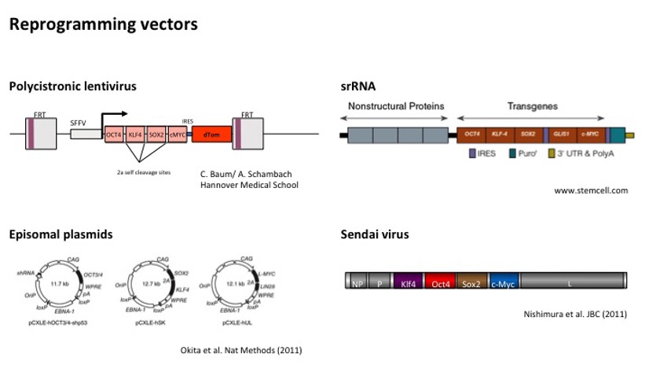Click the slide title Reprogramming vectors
[103, 24]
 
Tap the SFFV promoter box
[82, 135]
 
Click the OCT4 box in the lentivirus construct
[115, 135]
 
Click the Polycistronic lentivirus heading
[69, 87]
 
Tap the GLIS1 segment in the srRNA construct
[559, 135]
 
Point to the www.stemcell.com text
[591, 190]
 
